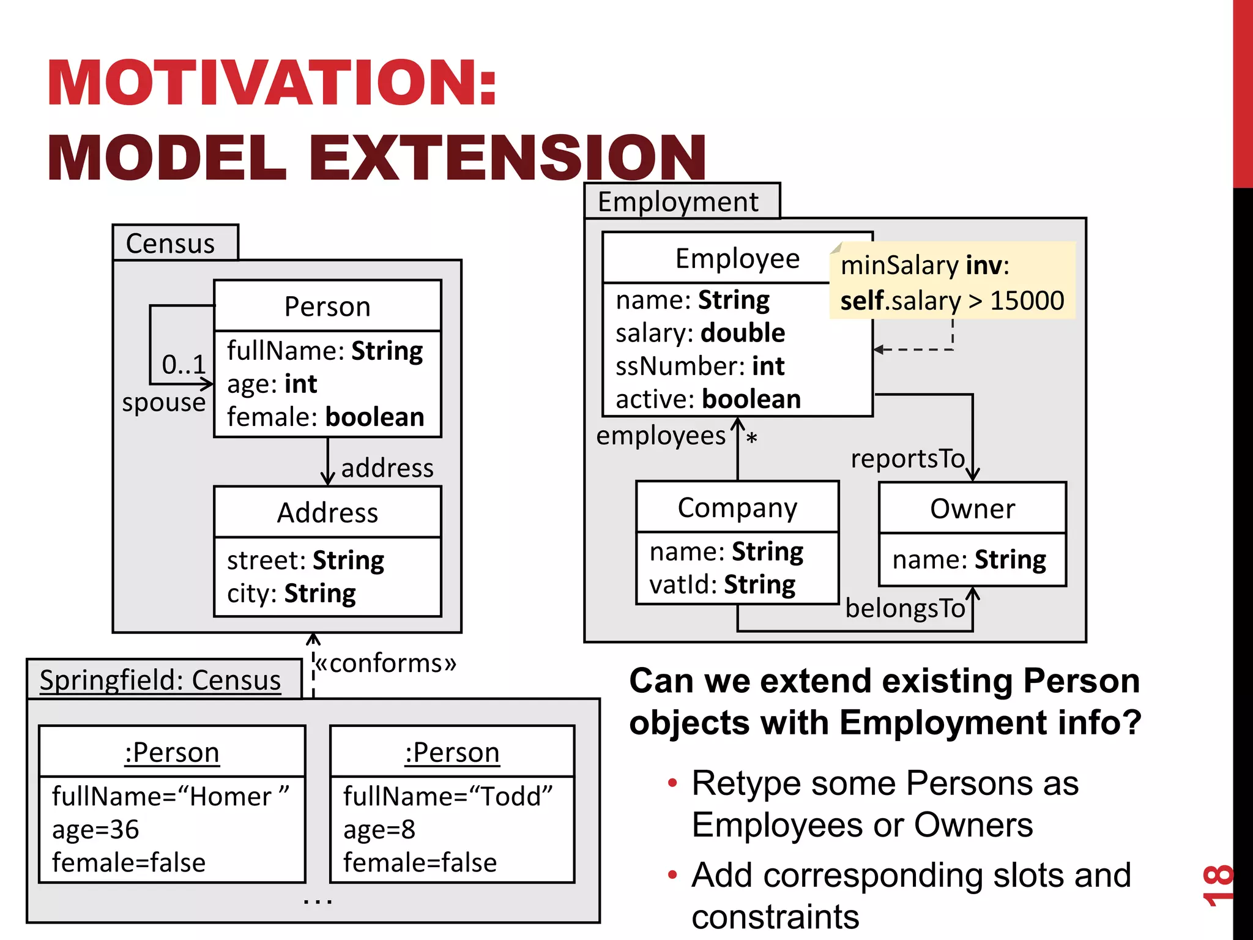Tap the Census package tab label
(x=170, y=244)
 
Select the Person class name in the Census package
(x=327, y=307)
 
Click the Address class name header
(x=327, y=513)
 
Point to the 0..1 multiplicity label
(x=183, y=365)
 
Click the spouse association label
(x=163, y=403)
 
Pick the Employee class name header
(x=737, y=259)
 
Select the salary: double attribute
(x=700, y=333)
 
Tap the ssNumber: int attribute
(x=699, y=366)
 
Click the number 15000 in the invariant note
(x=1027, y=300)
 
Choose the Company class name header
(x=737, y=508)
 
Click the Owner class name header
(x=972, y=509)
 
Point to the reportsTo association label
(x=907, y=458)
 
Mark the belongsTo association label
(x=905, y=608)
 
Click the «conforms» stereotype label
(x=386, y=663)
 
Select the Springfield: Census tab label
(x=160, y=680)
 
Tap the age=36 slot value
(x=95, y=830)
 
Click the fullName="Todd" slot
(x=447, y=797)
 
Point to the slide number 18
(x=1216, y=885)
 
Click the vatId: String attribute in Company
(x=722, y=585)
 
